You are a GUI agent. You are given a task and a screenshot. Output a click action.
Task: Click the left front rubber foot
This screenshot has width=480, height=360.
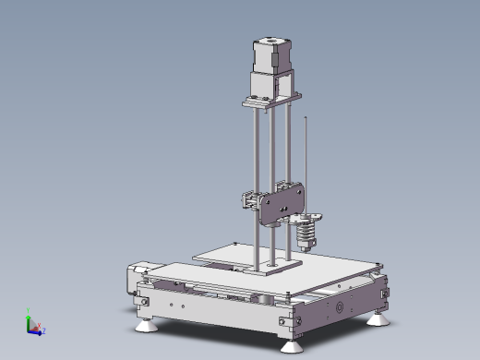click(146, 324)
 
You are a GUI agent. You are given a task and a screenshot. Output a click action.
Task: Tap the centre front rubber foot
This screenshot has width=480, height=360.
click(290, 345)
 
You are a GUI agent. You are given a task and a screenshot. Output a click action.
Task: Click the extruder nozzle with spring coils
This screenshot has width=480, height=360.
click(306, 231)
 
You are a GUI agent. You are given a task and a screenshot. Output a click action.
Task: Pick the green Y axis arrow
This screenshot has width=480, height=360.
click(29, 315)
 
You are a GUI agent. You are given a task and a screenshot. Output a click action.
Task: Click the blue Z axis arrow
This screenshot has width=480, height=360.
click(42, 330)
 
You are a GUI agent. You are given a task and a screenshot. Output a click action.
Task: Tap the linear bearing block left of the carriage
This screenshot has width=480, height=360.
click(251, 198)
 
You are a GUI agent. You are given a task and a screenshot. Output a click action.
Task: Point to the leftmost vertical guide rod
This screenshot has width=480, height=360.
click(252, 185)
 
